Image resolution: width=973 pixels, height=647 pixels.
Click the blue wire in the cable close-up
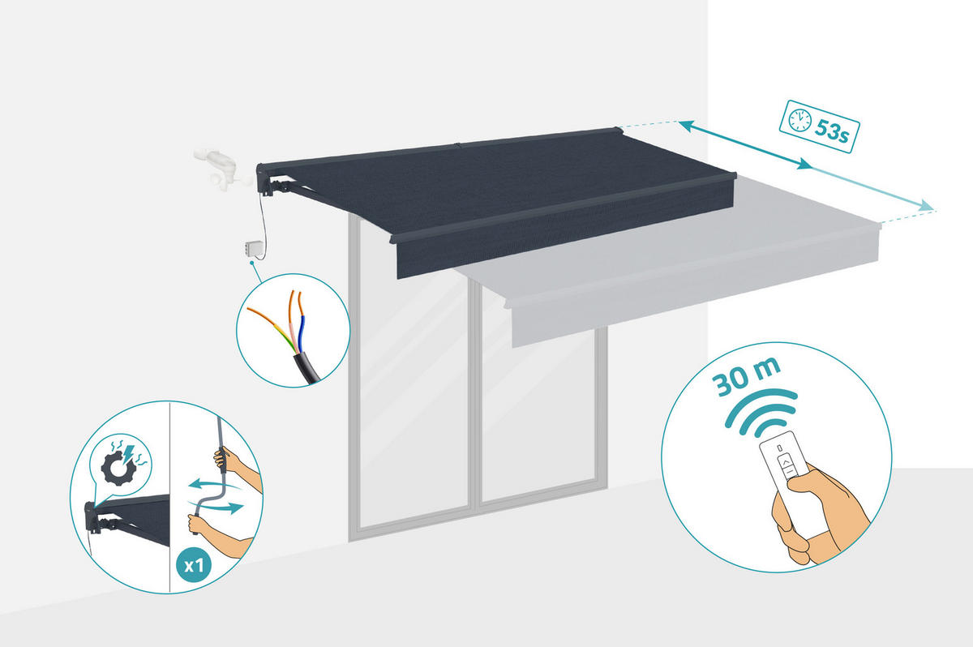(302, 332)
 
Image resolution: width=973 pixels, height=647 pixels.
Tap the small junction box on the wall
(254, 249)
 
